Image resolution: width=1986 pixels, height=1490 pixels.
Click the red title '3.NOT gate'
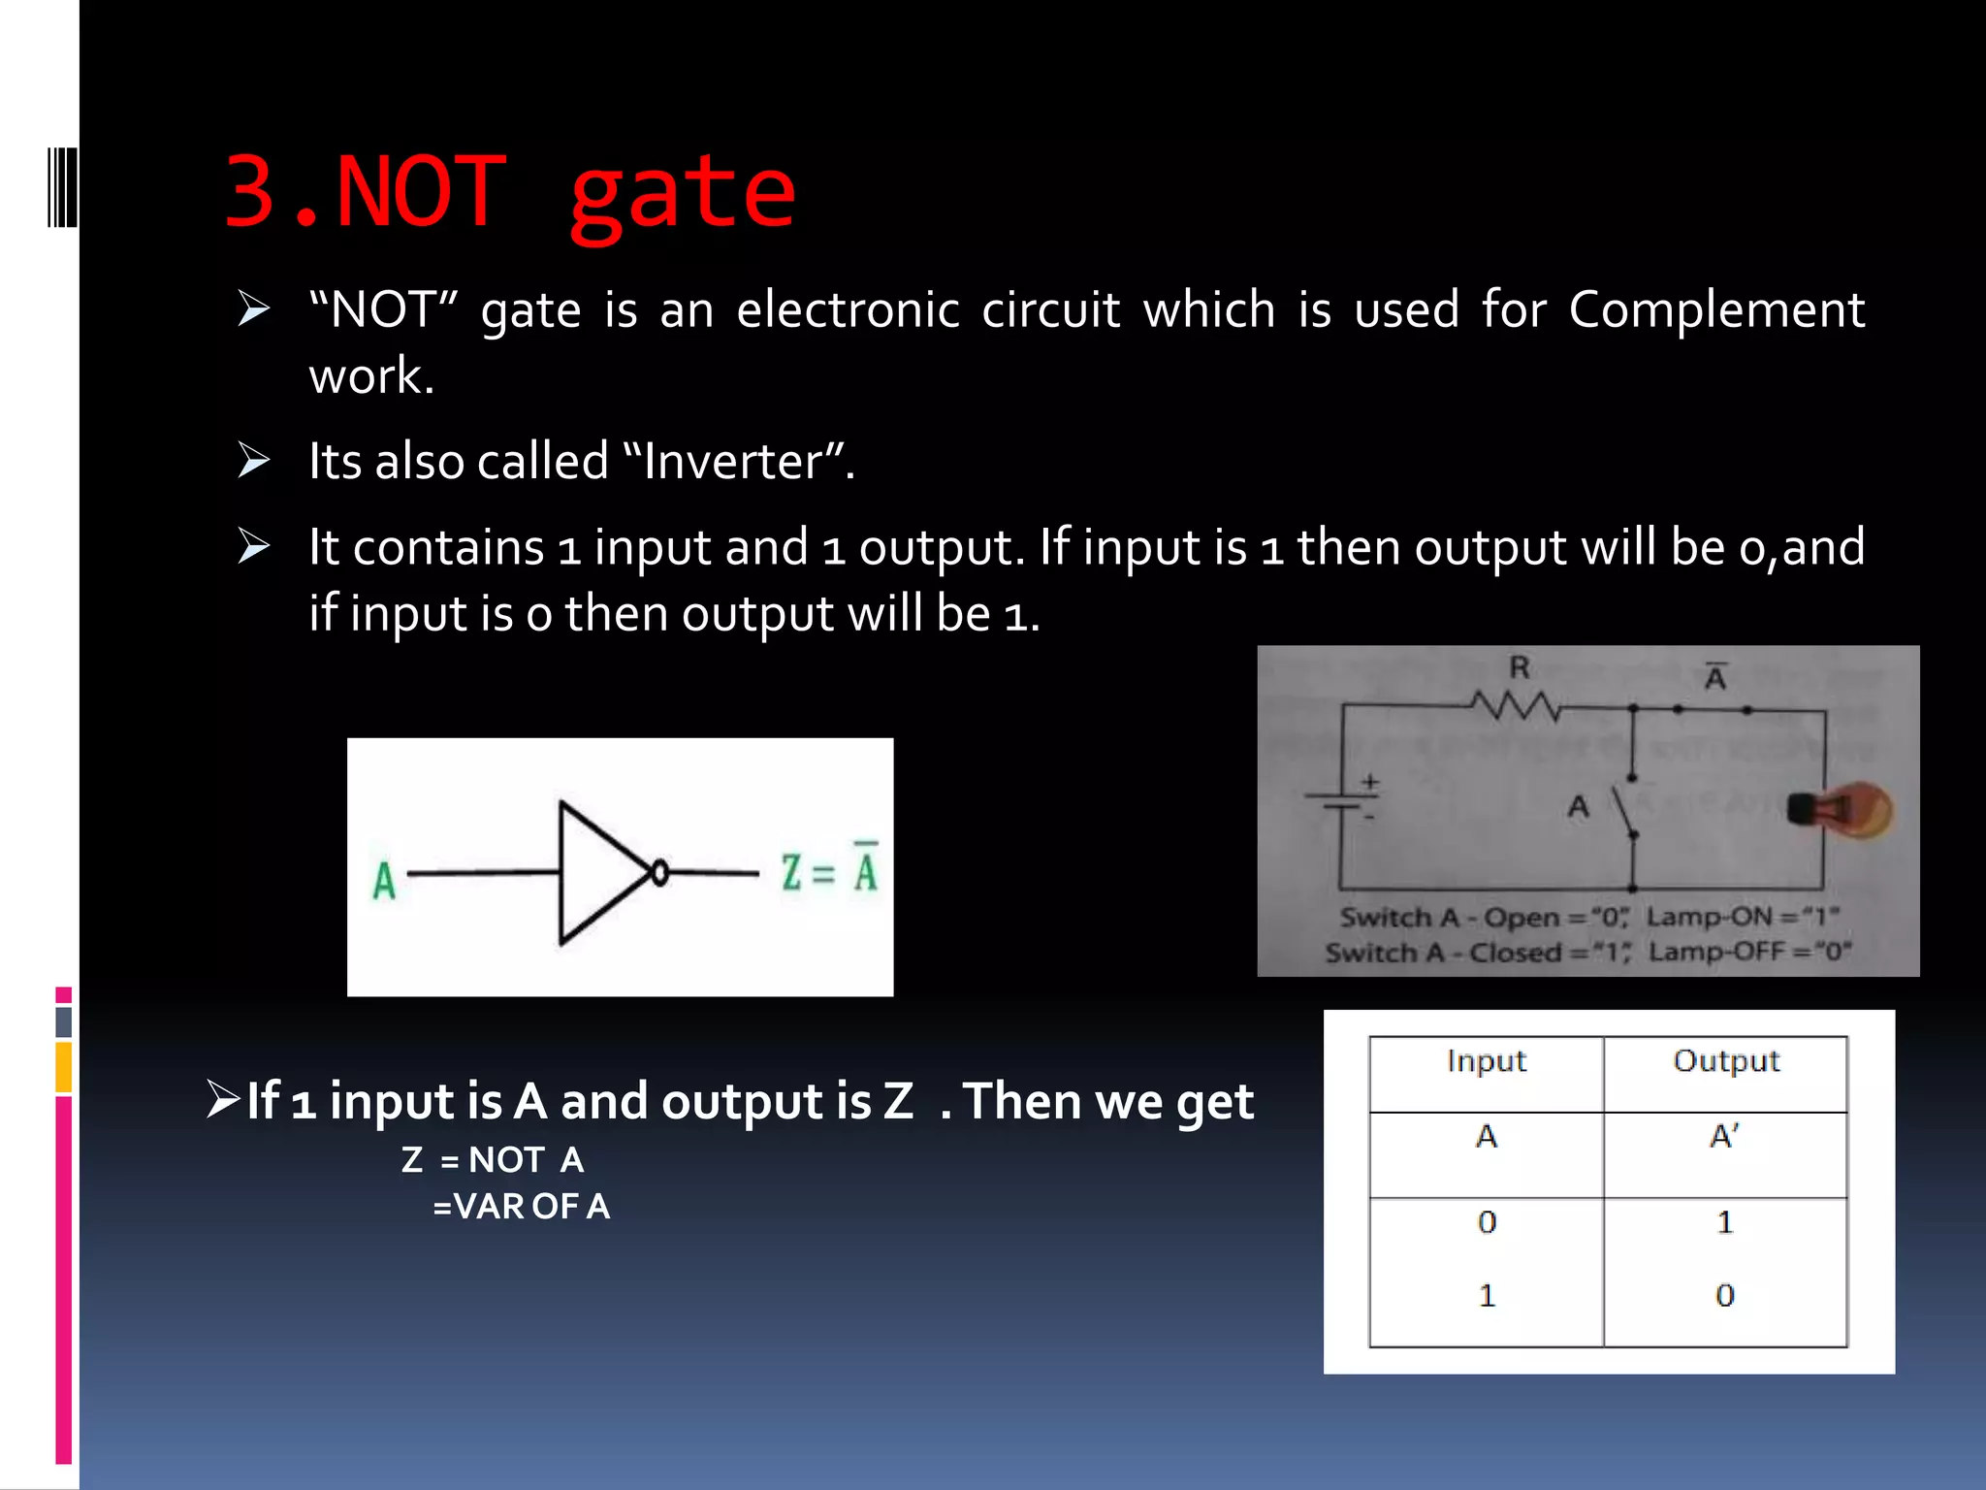pos(510,192)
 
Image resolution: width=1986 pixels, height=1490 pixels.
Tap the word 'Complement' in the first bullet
pos(1716,310)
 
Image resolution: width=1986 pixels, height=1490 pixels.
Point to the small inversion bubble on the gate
pos(660,874)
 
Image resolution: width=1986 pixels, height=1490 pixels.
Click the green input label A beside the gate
pos(384,881)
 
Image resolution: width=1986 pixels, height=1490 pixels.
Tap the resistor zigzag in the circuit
pos(1515,705)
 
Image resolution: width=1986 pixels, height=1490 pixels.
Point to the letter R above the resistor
pos(1519,667)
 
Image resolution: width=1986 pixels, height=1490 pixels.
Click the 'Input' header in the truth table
pos(1486,1061)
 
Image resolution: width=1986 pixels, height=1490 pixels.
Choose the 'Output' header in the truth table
pos(1726,1061)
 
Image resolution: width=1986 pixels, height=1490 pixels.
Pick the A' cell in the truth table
pos(1724,1136)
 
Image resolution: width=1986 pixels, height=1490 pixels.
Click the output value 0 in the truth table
pos(1724,1295)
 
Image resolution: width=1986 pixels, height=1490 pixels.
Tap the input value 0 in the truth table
pos(1487,1222)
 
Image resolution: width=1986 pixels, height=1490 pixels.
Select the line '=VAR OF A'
pos(521,1207)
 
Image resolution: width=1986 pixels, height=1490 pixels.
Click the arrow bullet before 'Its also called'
pos(254,460)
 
